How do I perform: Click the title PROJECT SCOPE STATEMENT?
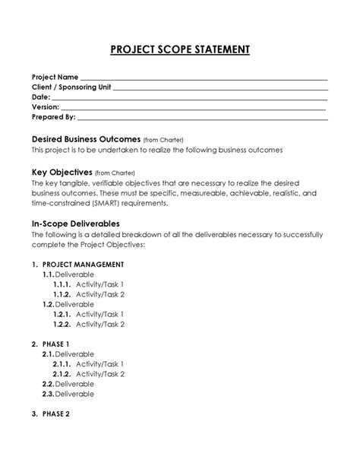(180, 51)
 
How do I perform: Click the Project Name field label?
(54, 78)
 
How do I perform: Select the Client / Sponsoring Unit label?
(71, 87)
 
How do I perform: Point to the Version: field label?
(45, 107)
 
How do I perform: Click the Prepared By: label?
(53, 117)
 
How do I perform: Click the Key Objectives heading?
(61, 172)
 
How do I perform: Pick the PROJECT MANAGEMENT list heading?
(84, 265)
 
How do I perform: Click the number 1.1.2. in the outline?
(62, 294)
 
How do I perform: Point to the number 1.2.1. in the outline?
(62, 314)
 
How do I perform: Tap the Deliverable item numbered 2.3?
(74, 394)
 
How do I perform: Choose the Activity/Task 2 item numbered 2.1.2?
(99, 374)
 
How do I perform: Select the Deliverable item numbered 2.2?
(74, 384)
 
